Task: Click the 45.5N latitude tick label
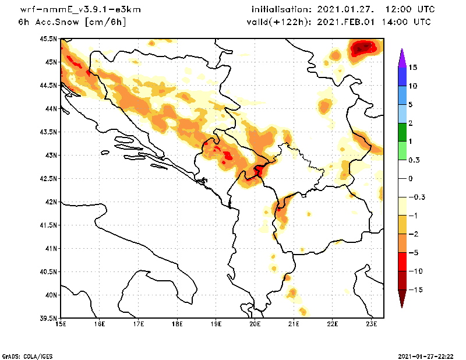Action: point(49,39)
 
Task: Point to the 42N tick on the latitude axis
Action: point(51,202)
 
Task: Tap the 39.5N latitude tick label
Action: point(49,319)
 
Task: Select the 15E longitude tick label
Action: point(61,323)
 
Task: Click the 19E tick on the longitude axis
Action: point(216,323)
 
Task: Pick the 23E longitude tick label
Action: point(372,323)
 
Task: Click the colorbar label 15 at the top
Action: point(412,67)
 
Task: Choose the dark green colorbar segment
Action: point(402,132)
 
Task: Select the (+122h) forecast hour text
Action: point(285,22)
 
